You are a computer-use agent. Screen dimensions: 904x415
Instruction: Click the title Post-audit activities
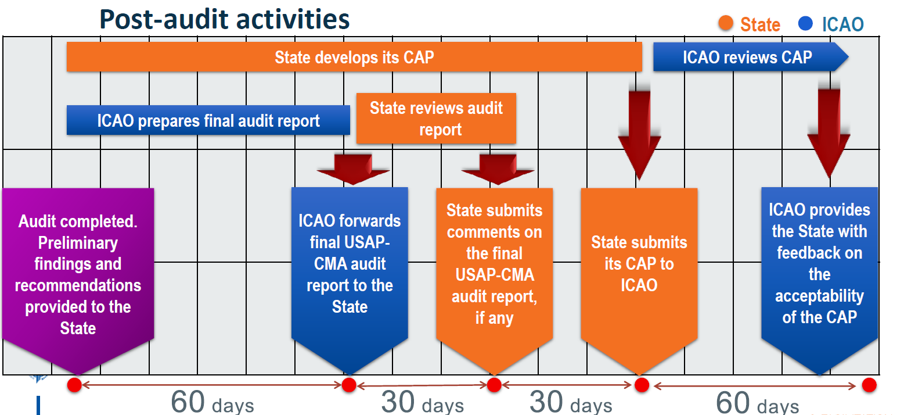pos(224,19)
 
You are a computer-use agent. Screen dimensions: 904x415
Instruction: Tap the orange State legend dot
pos(726,23)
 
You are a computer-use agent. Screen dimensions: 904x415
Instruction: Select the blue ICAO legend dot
pos(805,23)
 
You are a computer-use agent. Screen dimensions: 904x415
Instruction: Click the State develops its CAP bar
pos(354,57)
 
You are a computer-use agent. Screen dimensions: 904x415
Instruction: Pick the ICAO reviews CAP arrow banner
pos(751,57)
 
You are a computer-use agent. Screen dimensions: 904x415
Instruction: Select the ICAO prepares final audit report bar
pos(208,120)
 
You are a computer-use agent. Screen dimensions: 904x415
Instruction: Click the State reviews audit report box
pos(436,119)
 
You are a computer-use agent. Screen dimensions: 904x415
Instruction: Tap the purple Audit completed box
pos(78,281)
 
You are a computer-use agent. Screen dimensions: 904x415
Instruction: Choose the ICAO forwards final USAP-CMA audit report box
pos(350,281)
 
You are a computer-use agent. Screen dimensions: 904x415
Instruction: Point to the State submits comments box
pos(494,281)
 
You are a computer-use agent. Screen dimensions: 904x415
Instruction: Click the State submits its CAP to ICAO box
pos(639,281)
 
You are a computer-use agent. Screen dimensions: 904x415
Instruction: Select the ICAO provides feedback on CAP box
pos(820,281)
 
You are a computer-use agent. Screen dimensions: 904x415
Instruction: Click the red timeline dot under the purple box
pos(74,385)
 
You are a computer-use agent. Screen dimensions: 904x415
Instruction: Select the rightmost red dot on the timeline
pos(869,385)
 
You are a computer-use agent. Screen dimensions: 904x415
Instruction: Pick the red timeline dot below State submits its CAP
pos(642,385)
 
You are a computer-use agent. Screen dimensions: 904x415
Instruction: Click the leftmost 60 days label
pos(213,402)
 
